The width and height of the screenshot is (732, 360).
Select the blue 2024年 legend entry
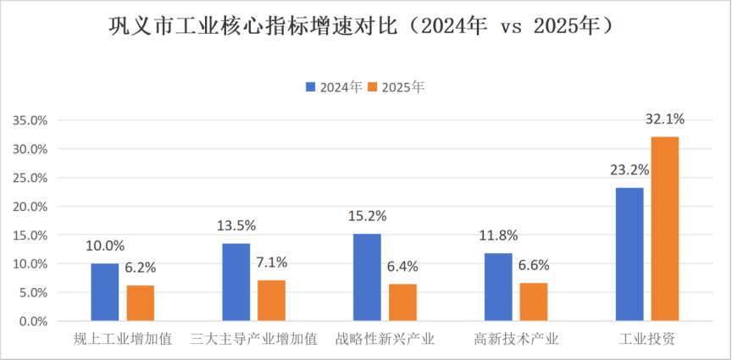coord(333,87)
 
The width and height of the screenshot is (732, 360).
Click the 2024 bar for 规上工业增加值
coord(105,292)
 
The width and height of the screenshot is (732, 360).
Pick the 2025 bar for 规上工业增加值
coord(141,303)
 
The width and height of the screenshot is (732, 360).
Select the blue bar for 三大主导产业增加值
coord(236,282)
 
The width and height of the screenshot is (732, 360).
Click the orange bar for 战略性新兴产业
coord(402,302)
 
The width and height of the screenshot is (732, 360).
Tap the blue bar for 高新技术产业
coord(498,287)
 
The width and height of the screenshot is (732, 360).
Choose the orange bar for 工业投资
coord(664,229)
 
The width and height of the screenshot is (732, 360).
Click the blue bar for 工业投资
coord(629,254)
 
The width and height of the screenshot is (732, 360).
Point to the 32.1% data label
coord(664,119)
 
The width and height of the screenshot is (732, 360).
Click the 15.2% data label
coord(368,215)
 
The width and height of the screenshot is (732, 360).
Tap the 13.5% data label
coord(236,225)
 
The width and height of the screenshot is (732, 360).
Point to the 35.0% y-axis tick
coord(30,120)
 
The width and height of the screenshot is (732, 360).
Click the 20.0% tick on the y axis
coord(30,207)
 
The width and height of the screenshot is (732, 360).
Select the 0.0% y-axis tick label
coord(33,322)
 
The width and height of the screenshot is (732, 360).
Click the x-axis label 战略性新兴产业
coord(385,340)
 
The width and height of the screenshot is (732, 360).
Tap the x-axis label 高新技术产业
coord(516,340)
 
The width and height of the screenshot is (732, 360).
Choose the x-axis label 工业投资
coord(646,340)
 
